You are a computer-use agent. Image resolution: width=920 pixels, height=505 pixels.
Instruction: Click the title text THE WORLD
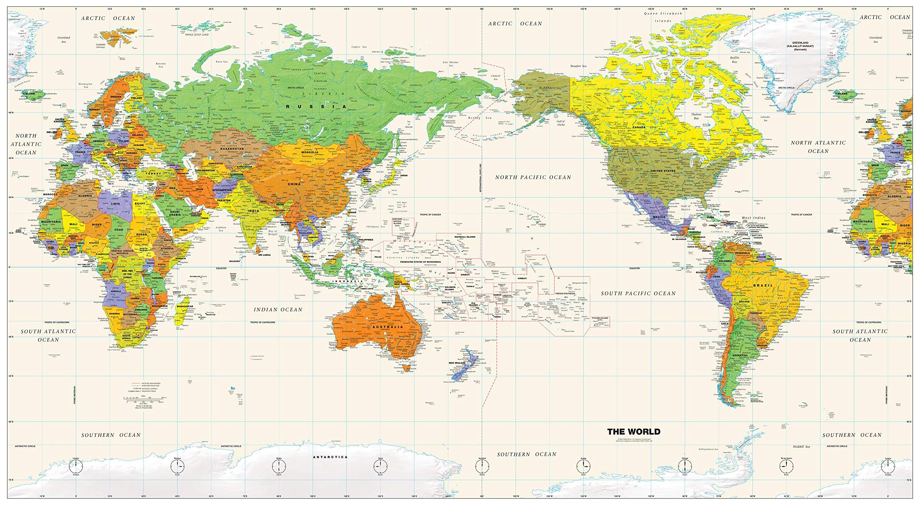634,431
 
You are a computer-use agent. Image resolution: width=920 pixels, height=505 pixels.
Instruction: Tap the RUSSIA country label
316,106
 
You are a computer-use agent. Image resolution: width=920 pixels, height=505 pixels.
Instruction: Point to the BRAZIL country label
763,285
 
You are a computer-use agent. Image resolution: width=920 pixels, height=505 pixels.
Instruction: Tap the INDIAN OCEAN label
278,309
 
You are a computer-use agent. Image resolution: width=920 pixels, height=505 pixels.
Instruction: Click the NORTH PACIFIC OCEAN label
533,177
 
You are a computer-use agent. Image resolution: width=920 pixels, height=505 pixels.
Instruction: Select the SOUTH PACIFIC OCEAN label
638,293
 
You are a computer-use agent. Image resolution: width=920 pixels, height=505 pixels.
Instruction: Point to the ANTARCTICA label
330,457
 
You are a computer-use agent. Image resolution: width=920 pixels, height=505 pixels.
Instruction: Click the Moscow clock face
177,467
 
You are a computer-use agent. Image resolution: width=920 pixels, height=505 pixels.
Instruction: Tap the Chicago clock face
685,467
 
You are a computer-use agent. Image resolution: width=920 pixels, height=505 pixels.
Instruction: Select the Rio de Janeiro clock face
786,467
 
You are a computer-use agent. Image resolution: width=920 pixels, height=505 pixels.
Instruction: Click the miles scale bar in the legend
143,398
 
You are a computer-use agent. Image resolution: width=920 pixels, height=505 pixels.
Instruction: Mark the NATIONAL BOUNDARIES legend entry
151,384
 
